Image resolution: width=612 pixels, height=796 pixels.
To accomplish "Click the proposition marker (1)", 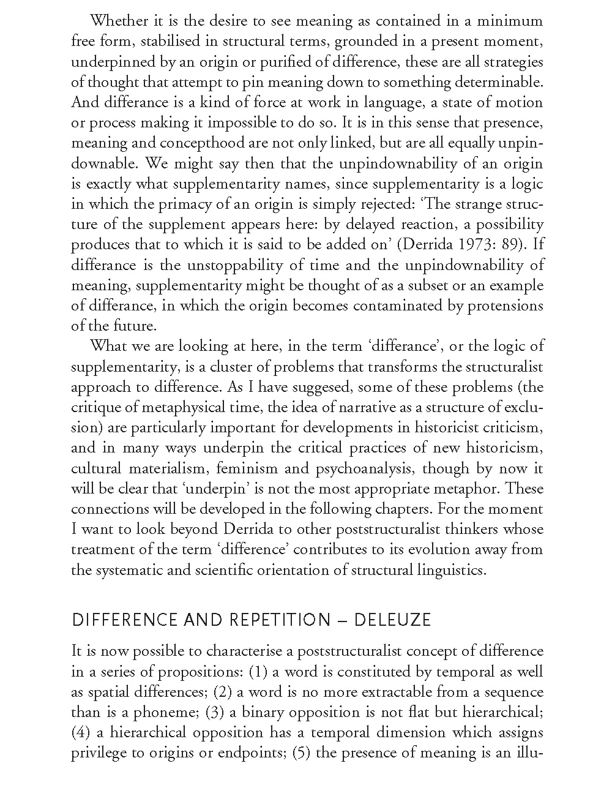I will click(258, 672).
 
